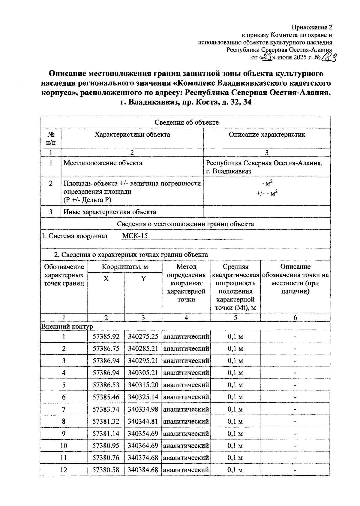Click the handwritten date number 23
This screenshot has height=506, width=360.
[x=266, y=57]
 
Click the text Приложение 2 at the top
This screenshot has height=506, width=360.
[x=312, y=28]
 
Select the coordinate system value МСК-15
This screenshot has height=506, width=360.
[x=135, y=236]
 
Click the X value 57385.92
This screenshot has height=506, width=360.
[x=106, y=337]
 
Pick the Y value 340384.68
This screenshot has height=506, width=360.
[x=143, y=470]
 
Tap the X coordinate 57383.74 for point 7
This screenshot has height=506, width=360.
[x=106, y=409]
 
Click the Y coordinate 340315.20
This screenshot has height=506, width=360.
[x=143, y=385]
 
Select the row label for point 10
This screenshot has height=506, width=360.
[x=64, y=446]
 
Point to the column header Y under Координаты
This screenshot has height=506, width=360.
[x=143, y=279]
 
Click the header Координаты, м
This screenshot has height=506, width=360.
[x=125, y=267]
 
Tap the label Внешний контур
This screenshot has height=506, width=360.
[x=67, y=326]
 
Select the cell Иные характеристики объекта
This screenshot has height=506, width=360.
[x=110, y=212]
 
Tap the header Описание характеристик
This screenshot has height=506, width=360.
[x=267, y=135]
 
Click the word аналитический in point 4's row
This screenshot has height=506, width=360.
[x=186, y=373]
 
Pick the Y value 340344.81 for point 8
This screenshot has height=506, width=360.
[x=143, y=421]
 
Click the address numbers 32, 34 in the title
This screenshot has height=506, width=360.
[x=240, y=102]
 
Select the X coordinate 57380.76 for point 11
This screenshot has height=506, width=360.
[x=106, y=458]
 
